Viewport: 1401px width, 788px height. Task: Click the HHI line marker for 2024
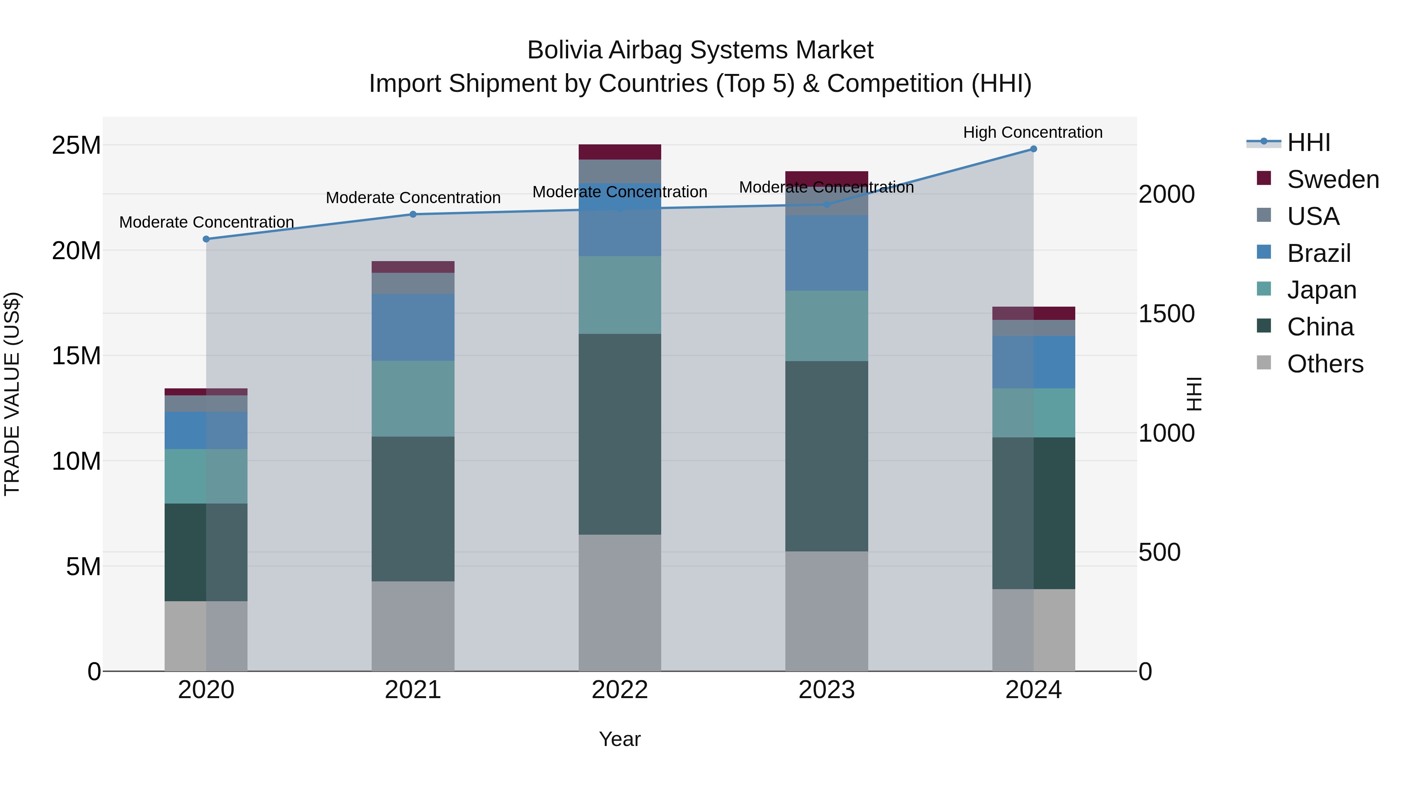(1033, 149)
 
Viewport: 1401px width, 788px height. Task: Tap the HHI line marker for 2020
(206, 239)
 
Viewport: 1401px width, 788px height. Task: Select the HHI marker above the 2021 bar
(413, 214)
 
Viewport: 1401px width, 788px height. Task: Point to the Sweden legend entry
(1333, 179)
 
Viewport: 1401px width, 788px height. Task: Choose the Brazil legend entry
(1318, 253)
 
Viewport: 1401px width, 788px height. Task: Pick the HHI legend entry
(1308, 142)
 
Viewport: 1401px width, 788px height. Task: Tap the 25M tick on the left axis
(76, 146)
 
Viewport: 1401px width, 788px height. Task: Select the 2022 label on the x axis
(620, 690)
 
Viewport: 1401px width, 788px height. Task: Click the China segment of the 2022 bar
(620, 434)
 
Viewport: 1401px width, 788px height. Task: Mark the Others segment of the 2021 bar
(413, 625)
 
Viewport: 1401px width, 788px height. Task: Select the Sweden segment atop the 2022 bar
(620, 152)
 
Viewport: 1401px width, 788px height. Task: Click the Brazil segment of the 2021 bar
(413, 327)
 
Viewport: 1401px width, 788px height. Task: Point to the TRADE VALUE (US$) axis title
(12, 394)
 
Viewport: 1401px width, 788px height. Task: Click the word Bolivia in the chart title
(565, 51)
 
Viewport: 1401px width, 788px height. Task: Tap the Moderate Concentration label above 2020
(206, 223)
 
